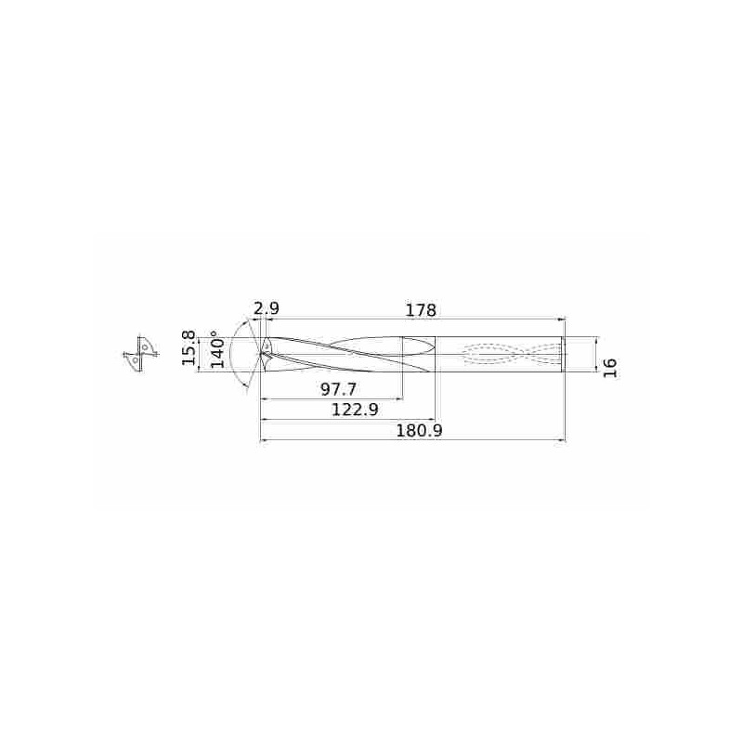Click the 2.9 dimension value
point(267,308)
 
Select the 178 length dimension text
point(420,310)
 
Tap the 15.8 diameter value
point(189,347)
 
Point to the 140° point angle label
point(217,350)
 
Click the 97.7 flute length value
point(338,389)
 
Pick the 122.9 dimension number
point(355,409)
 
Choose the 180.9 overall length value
point(419,431)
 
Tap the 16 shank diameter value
point(610,368)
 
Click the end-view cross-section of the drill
point(140,354)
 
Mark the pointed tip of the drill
point(261,354)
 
